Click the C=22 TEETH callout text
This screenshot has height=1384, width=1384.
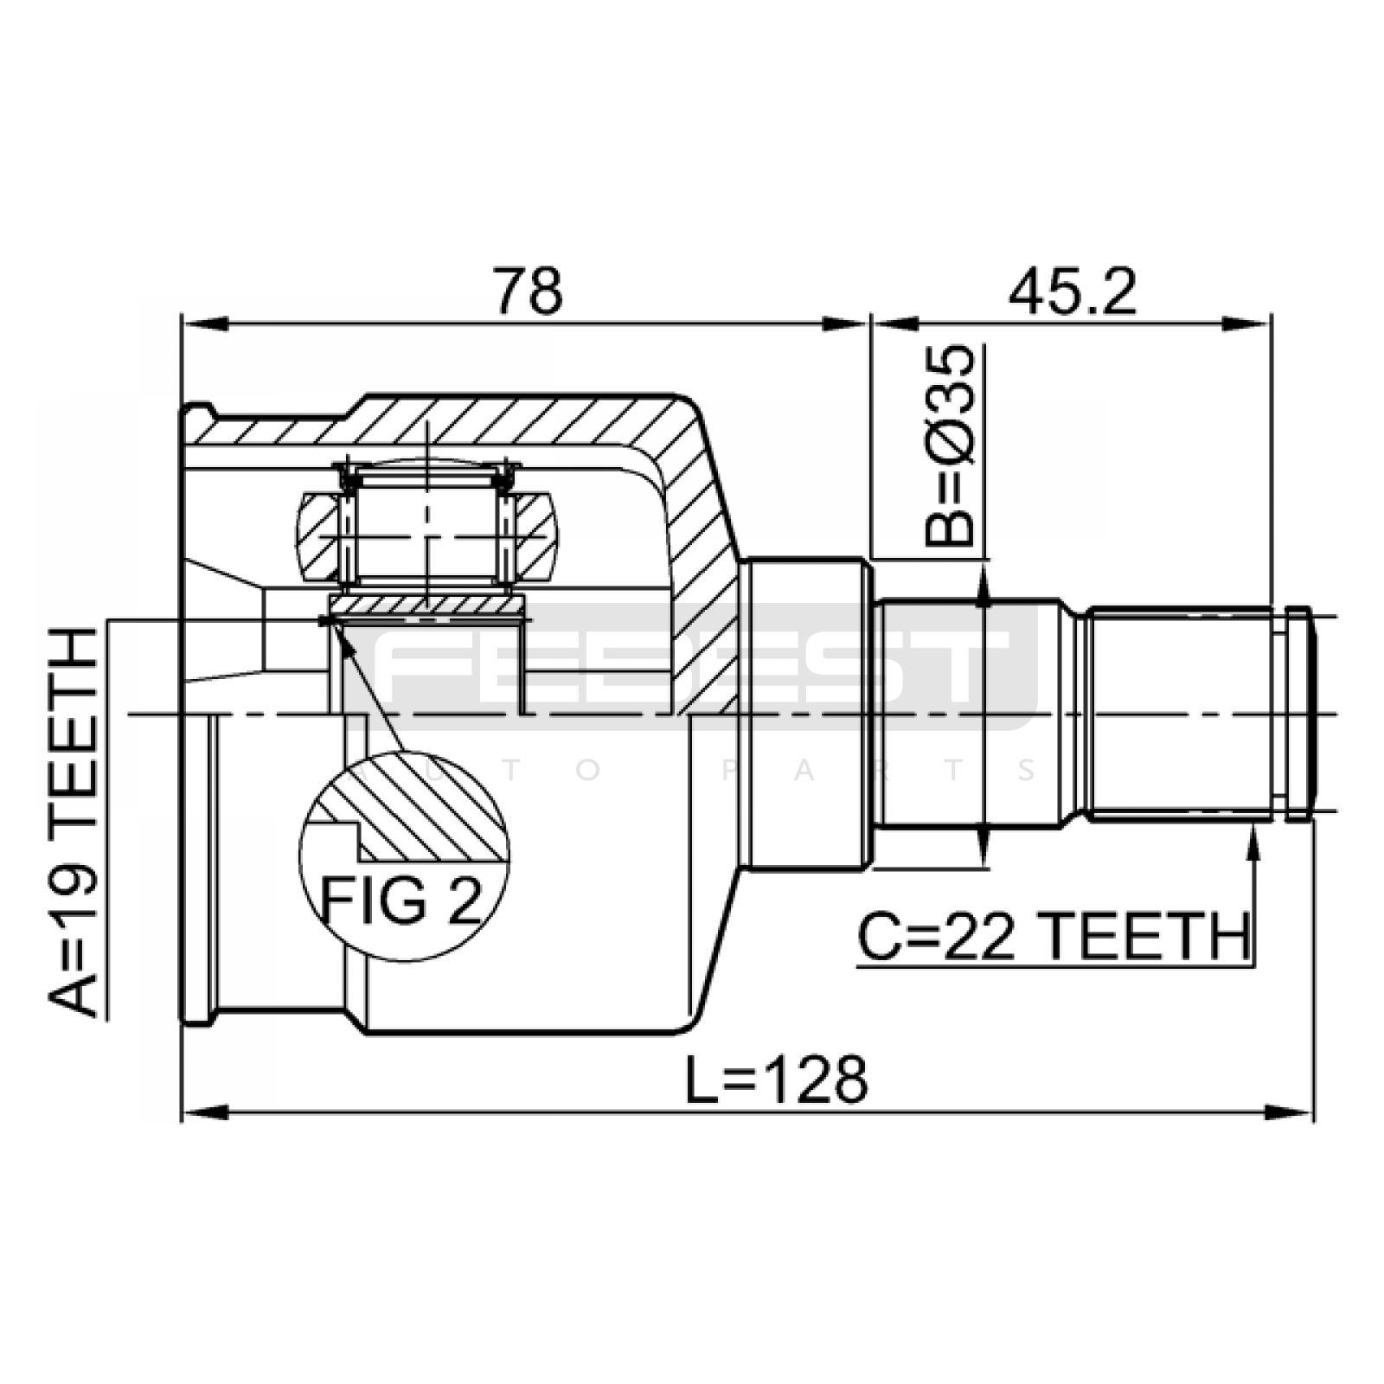[1054, 936]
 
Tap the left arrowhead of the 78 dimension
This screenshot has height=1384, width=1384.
[204, 325]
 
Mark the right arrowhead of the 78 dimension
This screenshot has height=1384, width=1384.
[843, 325]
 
